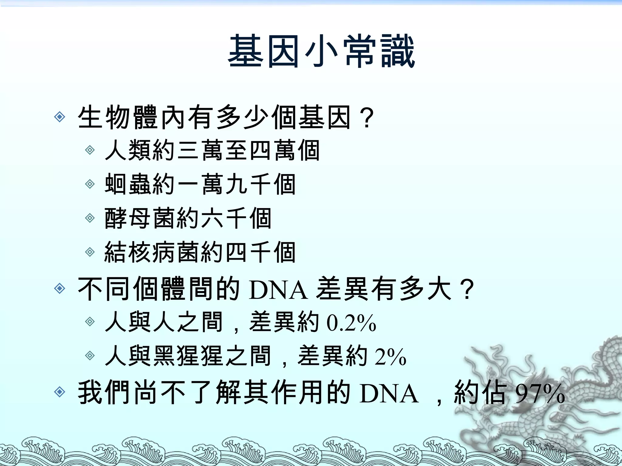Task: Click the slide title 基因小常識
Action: click(x=321, y=51)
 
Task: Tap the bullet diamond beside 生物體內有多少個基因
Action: click(x=60, y=117)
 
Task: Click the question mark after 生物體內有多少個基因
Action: click(x=367, y=118)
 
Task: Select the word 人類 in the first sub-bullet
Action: click(x=128, y=150)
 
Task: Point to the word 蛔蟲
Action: click(x=128, y=184)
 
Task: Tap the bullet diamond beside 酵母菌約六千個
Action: click(x=90, y=218)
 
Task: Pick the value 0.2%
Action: click(x=351, y=323)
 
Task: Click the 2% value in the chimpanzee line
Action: click(x=390, y=357)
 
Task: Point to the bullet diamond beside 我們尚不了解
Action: click(x=60, y=392)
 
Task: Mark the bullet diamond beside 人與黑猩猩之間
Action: click(x=90, y=356)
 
